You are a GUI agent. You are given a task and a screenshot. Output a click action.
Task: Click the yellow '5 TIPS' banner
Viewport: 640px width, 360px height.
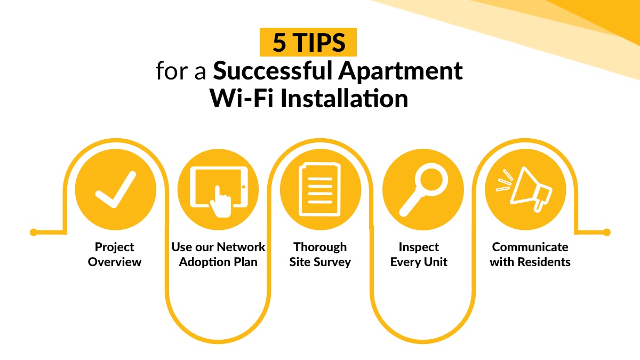coord(308,43)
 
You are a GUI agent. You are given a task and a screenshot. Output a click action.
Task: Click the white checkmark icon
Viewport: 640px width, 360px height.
coord(116,189)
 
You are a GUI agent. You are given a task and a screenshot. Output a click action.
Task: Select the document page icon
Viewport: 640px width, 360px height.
coord(320,189)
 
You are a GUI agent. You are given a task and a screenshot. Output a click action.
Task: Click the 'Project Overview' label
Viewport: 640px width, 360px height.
coord(115,254)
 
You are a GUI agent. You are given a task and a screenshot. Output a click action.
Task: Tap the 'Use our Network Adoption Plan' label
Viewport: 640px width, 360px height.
coord(218,254)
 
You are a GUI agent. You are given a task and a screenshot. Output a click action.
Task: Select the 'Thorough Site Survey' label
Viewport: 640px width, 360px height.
coord(320,254)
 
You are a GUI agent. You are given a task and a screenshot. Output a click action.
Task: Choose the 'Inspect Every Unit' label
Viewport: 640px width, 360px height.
coord(419,254)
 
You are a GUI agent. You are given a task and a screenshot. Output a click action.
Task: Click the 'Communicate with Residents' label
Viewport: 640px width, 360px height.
coord(530,254)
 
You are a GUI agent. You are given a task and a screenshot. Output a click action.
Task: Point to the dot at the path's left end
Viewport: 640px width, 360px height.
coord(34,233)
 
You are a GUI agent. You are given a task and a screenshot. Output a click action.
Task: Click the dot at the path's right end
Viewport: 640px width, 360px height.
coord(606,233)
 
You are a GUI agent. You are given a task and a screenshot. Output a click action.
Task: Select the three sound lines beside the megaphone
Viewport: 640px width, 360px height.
coord(503,181)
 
